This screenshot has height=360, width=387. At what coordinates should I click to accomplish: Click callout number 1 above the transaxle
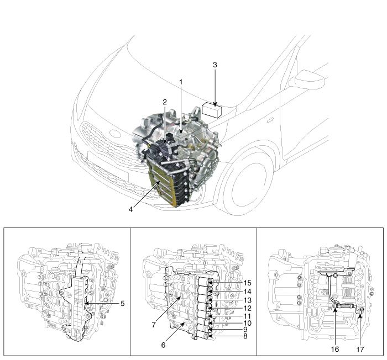point(181,82)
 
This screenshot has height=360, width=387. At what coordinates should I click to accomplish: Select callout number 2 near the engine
point(165,102)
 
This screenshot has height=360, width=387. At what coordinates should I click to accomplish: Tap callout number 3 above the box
point(215,65)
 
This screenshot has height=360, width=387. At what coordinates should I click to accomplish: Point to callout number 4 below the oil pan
point(130,209)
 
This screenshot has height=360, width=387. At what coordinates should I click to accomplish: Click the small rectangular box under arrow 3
point(212,110)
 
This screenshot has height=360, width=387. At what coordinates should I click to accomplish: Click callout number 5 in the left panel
point(123,304)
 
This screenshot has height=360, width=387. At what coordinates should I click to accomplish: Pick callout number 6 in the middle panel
point(163,345)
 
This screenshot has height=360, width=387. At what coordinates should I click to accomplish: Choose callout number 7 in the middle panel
point(154,325)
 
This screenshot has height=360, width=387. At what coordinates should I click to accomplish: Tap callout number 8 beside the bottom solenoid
point(245,336)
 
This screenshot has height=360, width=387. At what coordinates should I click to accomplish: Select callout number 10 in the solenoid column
point(247,323)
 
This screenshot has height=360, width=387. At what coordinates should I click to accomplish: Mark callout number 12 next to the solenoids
point(247,308)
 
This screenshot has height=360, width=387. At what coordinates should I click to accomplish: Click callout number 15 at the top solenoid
point(247,283)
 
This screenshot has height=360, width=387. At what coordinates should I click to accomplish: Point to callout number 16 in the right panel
point(335,349)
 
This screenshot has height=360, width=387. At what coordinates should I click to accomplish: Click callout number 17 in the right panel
point(360,349)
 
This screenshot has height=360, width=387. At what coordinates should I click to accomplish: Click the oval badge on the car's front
point(115,134)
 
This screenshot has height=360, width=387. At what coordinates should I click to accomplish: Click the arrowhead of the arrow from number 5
point(86,303)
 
